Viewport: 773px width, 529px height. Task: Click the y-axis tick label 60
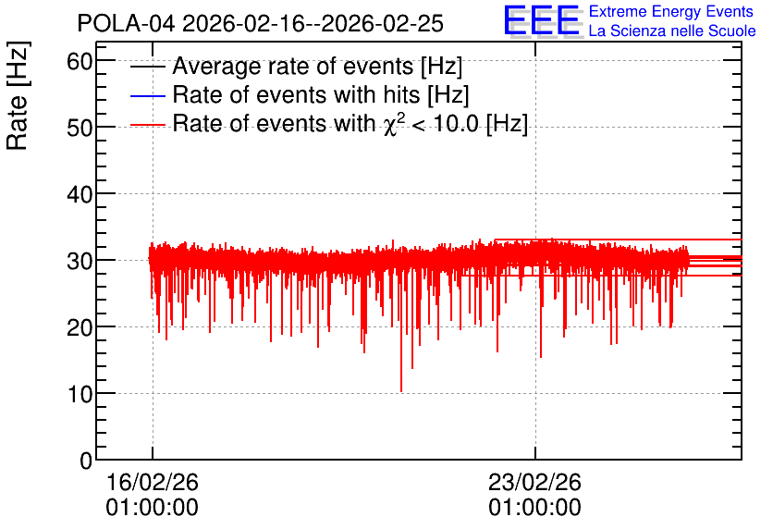pos(80,62)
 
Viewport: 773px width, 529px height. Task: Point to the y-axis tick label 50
pos(80,129)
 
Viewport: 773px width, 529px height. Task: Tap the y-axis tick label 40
pos(80,195)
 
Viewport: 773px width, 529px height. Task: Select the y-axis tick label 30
pos(80,262)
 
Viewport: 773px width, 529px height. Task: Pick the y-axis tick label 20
pos(80,328)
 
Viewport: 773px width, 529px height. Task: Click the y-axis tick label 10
pos(80,394)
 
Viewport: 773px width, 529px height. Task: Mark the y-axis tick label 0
pos(86,461)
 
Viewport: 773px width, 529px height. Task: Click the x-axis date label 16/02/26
pos(153,482)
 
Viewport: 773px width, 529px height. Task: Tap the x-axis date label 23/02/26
pos(534,482)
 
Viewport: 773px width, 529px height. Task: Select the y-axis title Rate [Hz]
pos(18,95)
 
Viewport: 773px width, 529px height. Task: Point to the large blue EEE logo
pos(542,20)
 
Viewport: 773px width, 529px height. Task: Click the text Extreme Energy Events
pos(671,11)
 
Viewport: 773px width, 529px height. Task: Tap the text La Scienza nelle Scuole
pos(672,31)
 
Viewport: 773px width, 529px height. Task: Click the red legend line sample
pos(147,125)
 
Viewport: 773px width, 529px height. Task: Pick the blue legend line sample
pos(147,95)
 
